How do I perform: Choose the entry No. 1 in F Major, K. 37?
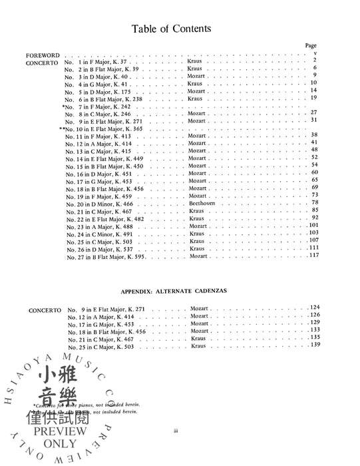(x=98, y=61)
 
